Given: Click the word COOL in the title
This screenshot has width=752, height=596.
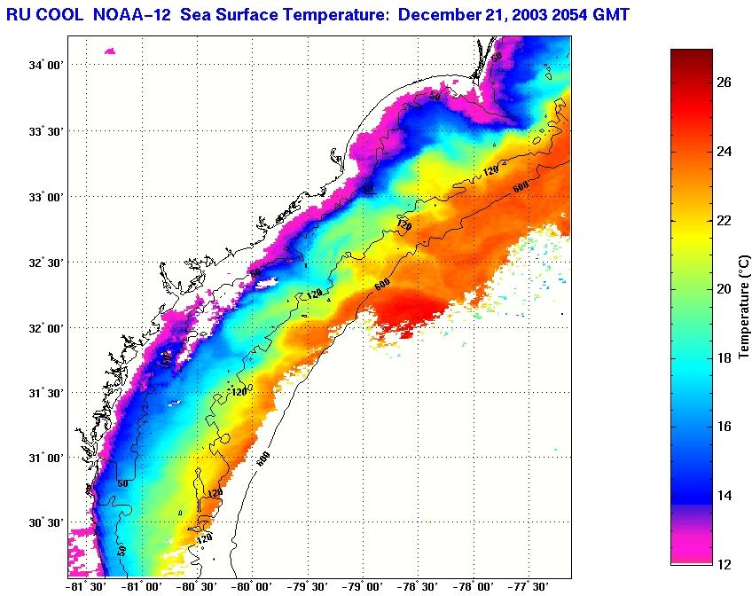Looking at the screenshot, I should (x=63, y=14).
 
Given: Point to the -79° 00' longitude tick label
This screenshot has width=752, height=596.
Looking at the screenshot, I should (x=364, y=586).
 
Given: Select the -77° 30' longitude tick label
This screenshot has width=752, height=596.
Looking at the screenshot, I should (x=529, y=586).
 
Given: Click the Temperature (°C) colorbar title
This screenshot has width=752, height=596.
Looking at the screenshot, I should (x=744, y=306).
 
